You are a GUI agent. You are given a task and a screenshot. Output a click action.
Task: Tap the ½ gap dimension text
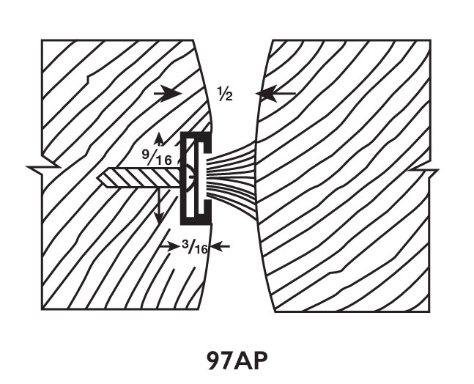click(224, 94)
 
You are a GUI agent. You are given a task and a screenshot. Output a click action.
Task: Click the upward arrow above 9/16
click(159, 139)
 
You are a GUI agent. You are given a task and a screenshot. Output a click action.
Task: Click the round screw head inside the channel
click(189, 177)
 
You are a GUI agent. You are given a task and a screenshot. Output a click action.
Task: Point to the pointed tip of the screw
click(101, 177)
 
